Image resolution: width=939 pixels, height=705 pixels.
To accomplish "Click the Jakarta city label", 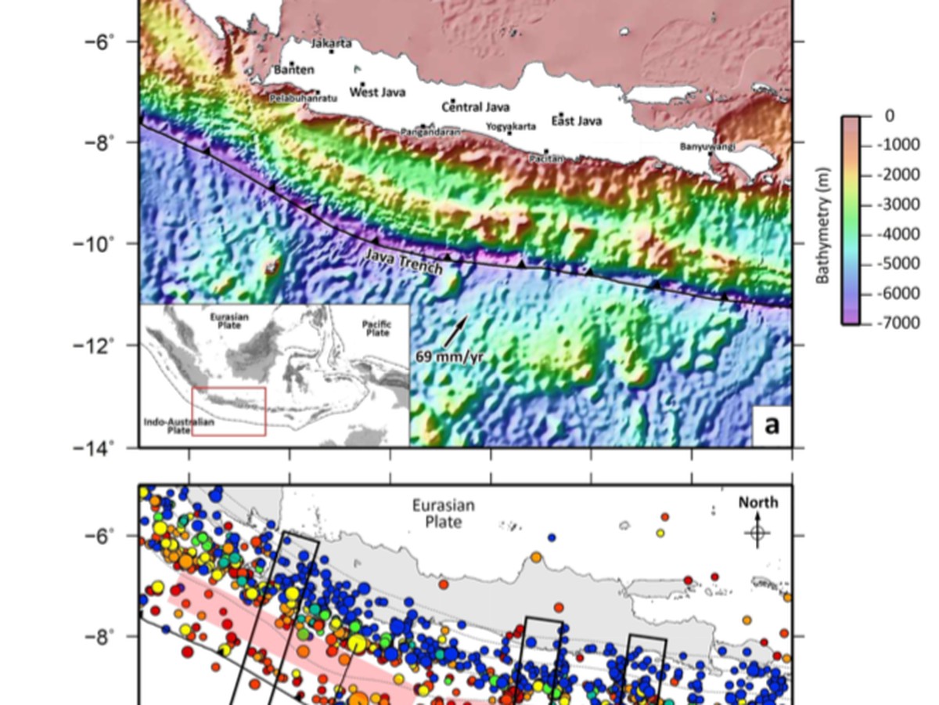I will click(332, 43).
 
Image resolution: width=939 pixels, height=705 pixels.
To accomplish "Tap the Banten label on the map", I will click(294, 70).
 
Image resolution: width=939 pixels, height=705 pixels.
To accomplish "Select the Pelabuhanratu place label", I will click(295, 99).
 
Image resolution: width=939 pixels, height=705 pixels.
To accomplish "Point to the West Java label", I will click(377, 92).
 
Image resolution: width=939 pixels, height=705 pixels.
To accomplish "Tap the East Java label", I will click(577, 121).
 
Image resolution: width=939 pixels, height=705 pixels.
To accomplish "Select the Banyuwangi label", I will click(707, 146).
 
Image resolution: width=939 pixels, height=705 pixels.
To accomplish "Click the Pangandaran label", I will click(430, 132).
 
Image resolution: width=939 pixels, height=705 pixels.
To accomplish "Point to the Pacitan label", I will click(546, 158).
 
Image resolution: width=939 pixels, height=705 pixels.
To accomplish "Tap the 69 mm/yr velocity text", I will click(447, 357).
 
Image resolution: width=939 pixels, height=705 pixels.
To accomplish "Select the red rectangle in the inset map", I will click(228, 410).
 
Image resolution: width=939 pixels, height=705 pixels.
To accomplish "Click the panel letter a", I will click(772, 425).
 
